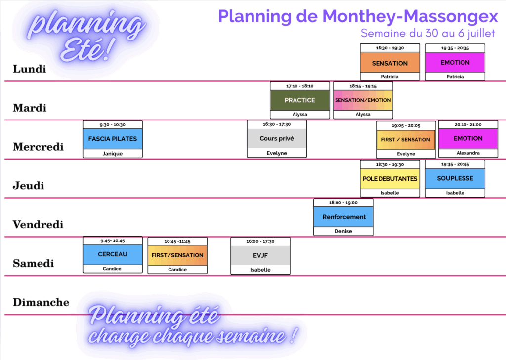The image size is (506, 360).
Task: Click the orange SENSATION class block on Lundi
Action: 390,62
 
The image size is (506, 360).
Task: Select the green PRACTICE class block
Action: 300,100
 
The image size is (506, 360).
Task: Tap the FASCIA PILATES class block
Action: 113,139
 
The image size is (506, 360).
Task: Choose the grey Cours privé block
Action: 277,138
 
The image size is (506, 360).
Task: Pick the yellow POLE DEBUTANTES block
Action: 390,179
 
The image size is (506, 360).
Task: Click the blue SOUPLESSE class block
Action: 455,178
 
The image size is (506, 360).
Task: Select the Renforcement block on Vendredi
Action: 343,217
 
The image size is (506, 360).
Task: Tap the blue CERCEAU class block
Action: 113,254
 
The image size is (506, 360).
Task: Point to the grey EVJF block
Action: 260,255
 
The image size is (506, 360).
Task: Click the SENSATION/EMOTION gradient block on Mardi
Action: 363,100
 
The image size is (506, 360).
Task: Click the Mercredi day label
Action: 38,147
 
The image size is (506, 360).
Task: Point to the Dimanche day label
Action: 41,302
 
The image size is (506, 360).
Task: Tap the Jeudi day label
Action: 28,186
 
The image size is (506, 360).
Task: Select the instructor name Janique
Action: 113,154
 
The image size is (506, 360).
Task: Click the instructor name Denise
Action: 343,231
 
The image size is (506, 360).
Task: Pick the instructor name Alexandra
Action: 468,153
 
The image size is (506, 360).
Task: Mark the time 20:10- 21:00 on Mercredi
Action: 468,125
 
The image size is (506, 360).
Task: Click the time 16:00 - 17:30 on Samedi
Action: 260,241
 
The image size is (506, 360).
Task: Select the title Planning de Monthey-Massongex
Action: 358,16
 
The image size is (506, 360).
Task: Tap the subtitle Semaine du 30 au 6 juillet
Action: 428,33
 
